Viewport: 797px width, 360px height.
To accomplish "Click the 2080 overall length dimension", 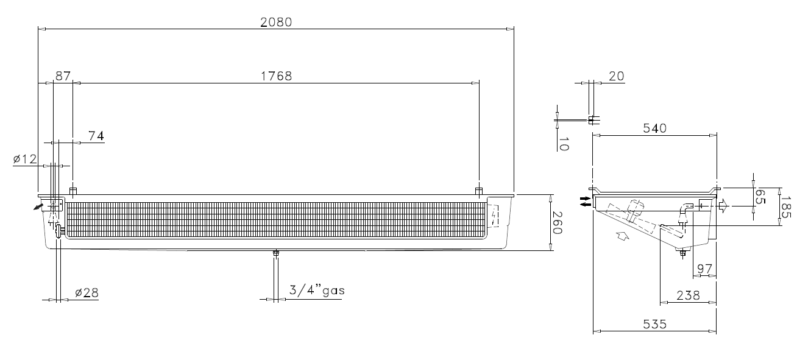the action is (276, 23).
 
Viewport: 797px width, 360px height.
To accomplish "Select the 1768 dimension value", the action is (277, 76).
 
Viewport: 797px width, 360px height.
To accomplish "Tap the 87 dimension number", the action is (63, 76).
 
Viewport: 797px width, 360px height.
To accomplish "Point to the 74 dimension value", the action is (96, 136).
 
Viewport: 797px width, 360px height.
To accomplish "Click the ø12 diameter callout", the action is (25, 159).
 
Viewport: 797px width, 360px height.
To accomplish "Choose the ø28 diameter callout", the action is (87, 293).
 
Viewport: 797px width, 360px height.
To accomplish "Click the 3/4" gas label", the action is (317, 291).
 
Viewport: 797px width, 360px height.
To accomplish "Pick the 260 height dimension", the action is (557, 223).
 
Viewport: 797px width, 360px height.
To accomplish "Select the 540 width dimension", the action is (654, 129).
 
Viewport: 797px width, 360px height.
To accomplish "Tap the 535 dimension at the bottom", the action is (654, 325).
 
